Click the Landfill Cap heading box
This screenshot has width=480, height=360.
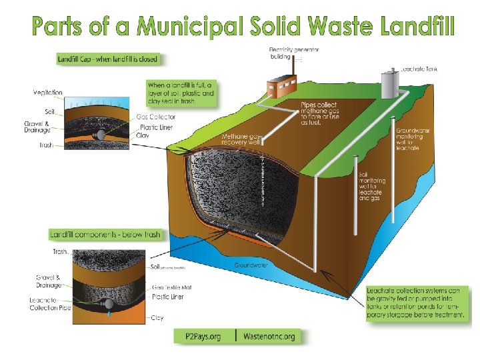pyautogui.click(x=108, y=59)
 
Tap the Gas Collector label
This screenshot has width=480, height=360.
pyautogui.click(x=156, y=117)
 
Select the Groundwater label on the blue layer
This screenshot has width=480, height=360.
pyautogui.click(x=253, y=265)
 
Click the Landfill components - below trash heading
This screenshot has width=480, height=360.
pyautogui.click(x=105, y=235)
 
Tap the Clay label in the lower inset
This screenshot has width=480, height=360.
pyautogui.click(x=157, y=318)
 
